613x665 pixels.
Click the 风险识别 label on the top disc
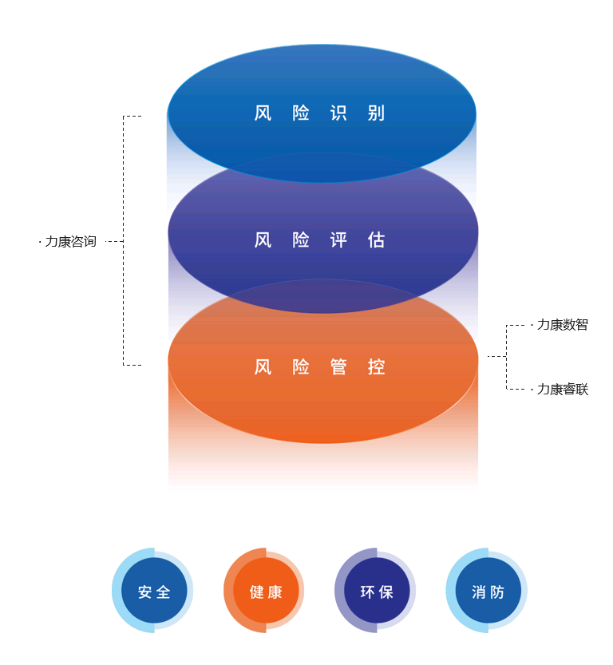point(319,113)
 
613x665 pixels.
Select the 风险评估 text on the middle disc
point(319,240)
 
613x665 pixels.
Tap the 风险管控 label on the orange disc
point(319,367)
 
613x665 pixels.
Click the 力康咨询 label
point(70,241)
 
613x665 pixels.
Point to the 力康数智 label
point(563,325)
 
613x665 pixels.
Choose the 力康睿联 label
point(563,389)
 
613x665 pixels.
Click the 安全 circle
point(153,591)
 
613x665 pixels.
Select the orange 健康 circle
point(264,591)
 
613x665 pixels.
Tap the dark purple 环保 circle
point(376,591)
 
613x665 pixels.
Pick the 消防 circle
point(487,591)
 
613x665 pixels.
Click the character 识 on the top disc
point(338,113)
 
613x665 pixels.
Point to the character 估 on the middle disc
point(377,240)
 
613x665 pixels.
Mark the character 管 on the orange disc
point(338,367)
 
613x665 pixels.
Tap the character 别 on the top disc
point(377,113)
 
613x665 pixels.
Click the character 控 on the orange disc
point(377,367)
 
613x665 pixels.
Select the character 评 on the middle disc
point(338,240)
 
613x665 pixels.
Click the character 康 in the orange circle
point(275,592)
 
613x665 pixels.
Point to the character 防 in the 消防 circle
point(497,592)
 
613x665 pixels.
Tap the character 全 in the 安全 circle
point(163,592)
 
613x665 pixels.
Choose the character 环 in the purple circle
point(367,592)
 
